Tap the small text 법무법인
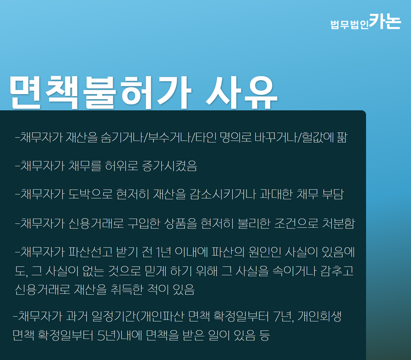tap(350, 25)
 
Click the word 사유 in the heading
tap(241, 93)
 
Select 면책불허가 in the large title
tap(101, 93)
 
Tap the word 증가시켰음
tap(170, 166)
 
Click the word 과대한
tap(276, 194)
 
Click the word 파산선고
tap(90, 252)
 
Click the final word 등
tap(265, 335)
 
